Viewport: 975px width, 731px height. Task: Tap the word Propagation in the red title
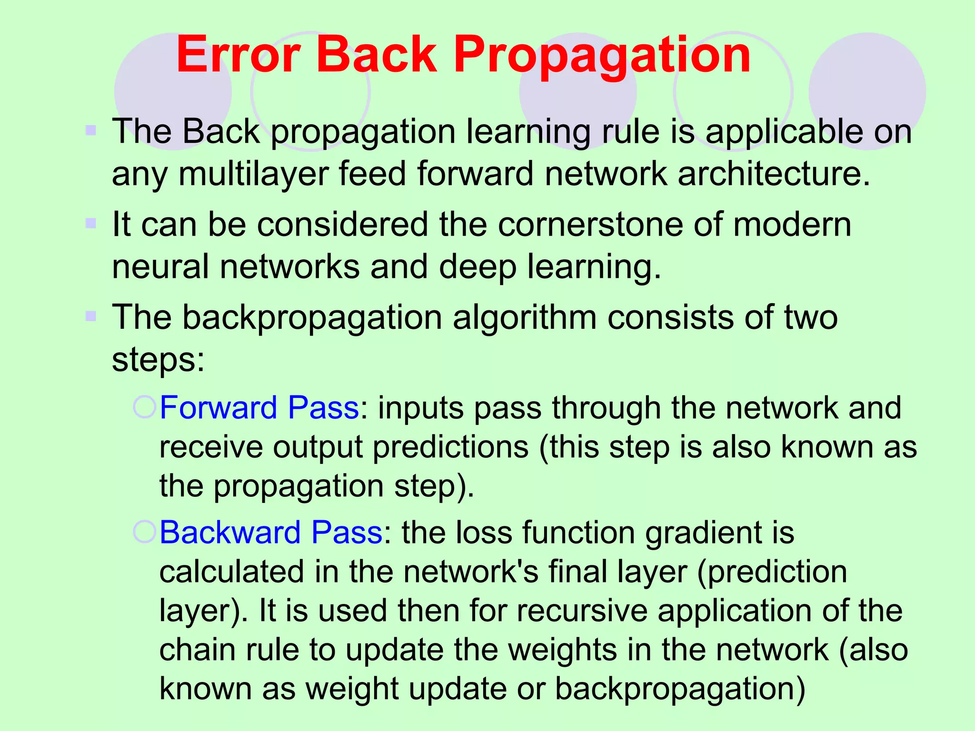tap(602, 56)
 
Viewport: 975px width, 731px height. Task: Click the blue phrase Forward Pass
tap(259, 408)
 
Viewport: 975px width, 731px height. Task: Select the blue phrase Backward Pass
tap(271, 533)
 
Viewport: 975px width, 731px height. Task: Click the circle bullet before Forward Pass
tap(144, 407)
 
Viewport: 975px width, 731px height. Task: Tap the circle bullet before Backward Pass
tap(144, 532)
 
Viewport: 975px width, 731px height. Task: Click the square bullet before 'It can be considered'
tap(91, 223)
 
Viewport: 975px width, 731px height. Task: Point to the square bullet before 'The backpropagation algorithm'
tap(91, 316)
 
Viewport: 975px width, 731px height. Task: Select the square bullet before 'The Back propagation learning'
tap(91, 130)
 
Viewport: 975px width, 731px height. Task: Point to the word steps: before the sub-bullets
tap(158, 359)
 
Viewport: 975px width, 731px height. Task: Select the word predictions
tap(450, 447)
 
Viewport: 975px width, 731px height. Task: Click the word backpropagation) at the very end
tap(680, 689)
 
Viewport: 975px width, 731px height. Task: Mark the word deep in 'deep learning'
tap(478, 267)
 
